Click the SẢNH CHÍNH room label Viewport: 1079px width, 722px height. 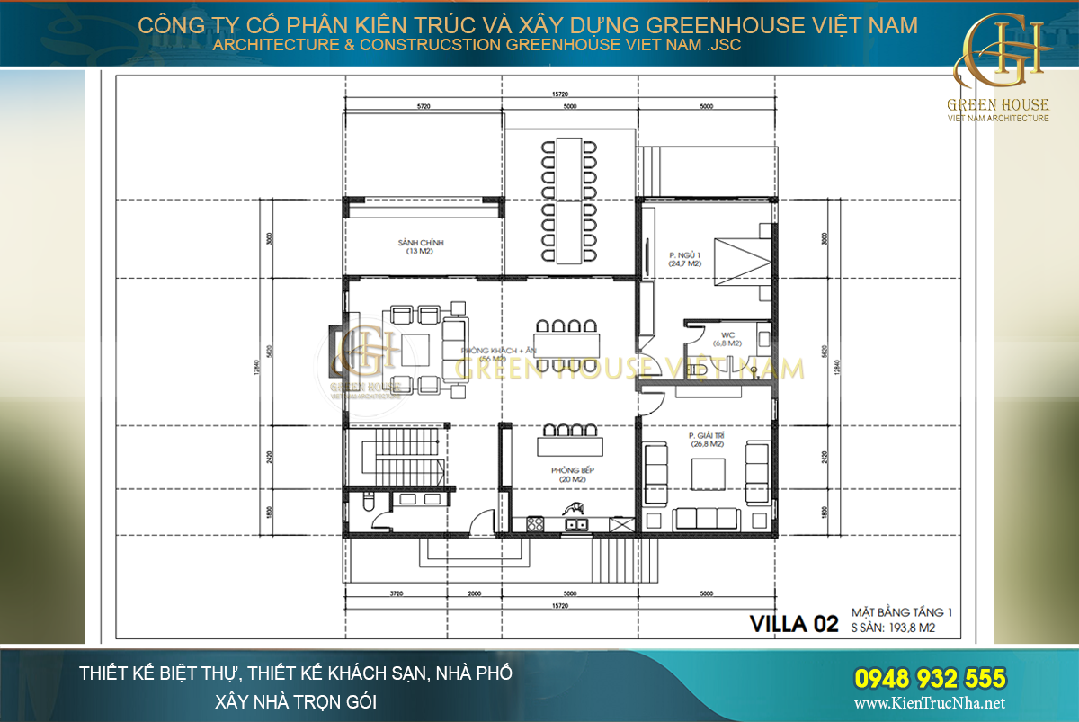pyautogui.click(x=421, y=247)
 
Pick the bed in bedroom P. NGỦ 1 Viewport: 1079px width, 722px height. pyautogui.click(x=741, y=260)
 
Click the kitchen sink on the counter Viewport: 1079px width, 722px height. pyautogui.click(x=573, y=523)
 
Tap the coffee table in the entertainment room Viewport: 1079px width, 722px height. pyautogui.click(x=707, y=471)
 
